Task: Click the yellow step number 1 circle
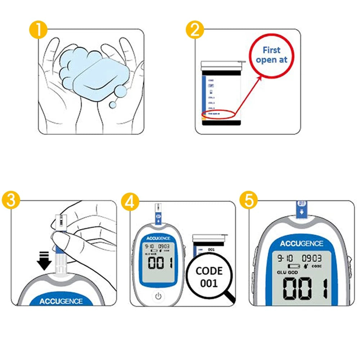click(37, 30)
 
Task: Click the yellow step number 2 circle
click(195, 30)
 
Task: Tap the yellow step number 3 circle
click(11, 201)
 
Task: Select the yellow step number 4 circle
click(130, 201)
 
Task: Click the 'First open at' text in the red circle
click(272, 55)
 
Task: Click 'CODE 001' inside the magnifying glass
click(209, 277)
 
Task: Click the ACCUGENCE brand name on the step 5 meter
click(302, 243)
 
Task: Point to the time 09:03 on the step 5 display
click(312, 258)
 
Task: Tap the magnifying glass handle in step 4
click(229, 298)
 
